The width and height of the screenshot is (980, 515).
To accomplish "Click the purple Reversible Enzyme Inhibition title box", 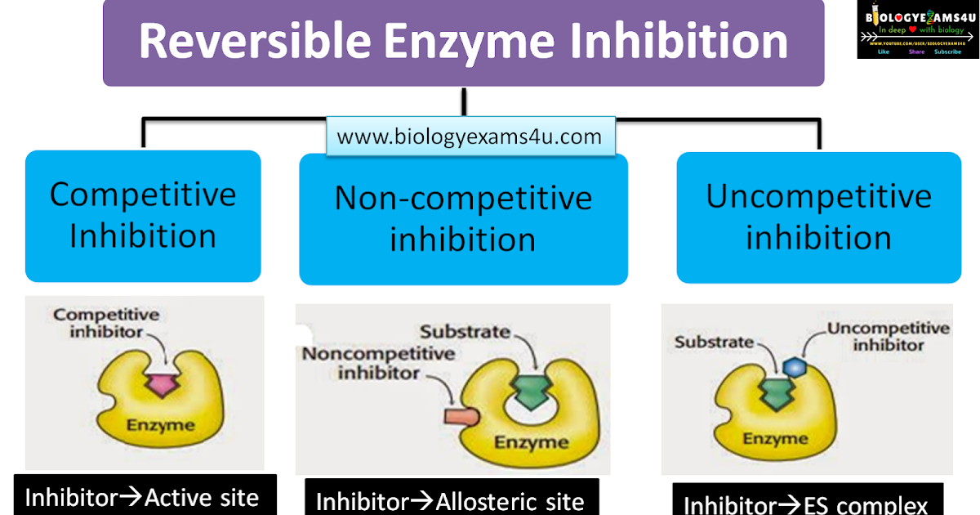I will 463,43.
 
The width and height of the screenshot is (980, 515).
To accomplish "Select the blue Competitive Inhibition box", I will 143,216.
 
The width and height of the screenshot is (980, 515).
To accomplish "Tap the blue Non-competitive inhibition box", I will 463,219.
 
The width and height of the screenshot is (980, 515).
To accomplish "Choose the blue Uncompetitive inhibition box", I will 818,217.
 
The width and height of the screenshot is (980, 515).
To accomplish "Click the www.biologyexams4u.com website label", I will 470,137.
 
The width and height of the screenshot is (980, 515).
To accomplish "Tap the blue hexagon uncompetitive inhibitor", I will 792,367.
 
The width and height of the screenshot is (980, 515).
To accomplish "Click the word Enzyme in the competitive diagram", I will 160,425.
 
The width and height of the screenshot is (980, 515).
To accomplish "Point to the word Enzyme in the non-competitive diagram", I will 531,442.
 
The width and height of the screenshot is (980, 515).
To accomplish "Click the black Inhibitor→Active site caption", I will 145,496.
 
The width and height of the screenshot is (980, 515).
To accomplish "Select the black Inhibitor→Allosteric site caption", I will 451,499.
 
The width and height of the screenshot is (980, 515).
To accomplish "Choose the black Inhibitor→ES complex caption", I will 806,502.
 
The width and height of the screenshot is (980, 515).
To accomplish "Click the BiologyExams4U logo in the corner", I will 917,29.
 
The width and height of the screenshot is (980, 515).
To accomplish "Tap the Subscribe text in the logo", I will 947,51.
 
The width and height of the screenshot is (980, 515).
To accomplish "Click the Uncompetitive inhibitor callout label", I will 889,336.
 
